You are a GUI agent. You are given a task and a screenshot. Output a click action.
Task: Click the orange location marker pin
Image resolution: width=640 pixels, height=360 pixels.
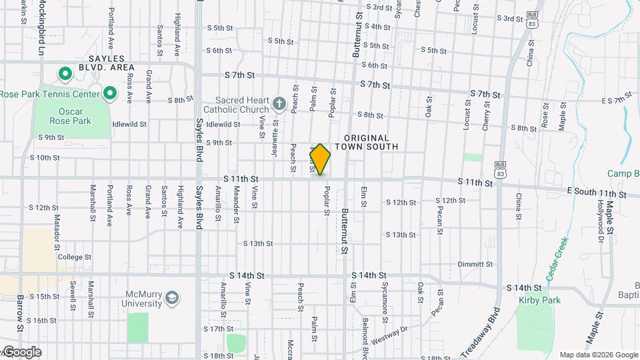pyautogui.click(x=320, y=159)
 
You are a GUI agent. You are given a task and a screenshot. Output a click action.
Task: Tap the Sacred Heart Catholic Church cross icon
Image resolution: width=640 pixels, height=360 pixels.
pyautogui.click(x=279, y=103)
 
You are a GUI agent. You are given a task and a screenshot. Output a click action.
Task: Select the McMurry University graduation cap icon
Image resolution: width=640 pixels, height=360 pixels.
pyautogui.click(x=172, y=297)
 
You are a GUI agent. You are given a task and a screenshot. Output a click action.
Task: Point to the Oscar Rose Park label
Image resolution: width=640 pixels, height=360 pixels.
pyautogui.click(x=70, y=117)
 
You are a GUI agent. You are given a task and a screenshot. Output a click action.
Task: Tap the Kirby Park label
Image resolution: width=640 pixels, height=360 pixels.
pyautogui.click(x=539, y=300)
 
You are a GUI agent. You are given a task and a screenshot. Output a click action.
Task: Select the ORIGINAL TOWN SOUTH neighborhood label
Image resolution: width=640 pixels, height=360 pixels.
pyautogui.click(x=366, y=142)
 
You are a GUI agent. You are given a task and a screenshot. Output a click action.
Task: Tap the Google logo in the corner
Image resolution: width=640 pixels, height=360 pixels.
pyautogui.click(x=21, y=352)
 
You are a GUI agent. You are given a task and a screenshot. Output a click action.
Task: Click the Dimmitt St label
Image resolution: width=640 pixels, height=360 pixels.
pyautogui.click(x=475, y=264)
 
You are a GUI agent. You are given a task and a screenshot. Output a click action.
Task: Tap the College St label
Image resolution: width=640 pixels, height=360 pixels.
pyautogui.click(x=74, y=257)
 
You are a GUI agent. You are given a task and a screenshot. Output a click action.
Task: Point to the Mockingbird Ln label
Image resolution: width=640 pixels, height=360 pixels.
pyautogui.click(x=41, y=27)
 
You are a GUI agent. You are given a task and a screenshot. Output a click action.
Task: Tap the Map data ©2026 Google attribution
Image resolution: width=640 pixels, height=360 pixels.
pyautogui.click(x=598, y=355)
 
